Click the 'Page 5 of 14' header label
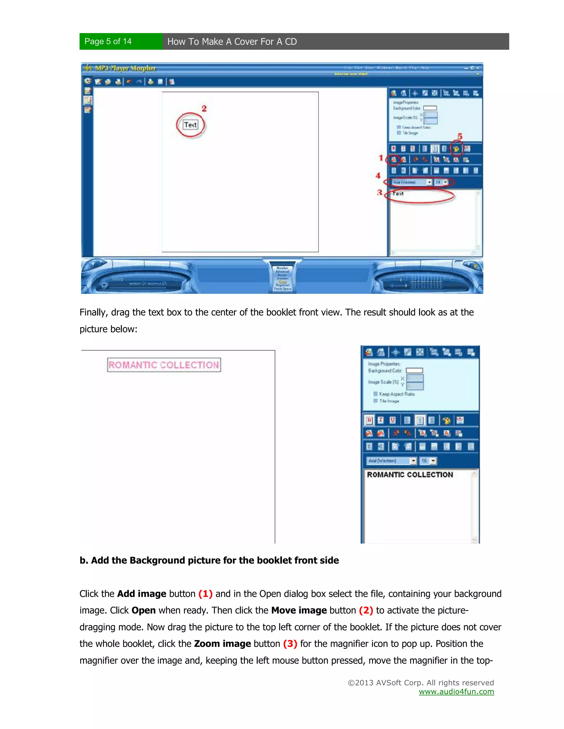(x=108, y=41)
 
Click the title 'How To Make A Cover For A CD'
(x=232, y=42)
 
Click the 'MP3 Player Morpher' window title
(x=125, y=68)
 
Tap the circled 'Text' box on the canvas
(x=191, y=125)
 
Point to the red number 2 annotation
(x=204, y=108)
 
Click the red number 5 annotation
(x=460, y=136)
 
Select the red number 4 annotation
(x=378, y=176)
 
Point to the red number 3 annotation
(x=379, y=193)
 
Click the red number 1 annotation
(x=381, y=158)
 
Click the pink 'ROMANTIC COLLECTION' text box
(x=164, y=365)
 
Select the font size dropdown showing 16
(x=428, y=461)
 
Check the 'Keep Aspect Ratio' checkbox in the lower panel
(x=376, y=394)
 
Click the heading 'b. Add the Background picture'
(x=209, y=560)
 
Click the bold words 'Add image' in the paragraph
(x=142, y=594)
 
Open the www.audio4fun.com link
(x=456, y=692)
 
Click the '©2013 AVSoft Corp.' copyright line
(x=421, y=683)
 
